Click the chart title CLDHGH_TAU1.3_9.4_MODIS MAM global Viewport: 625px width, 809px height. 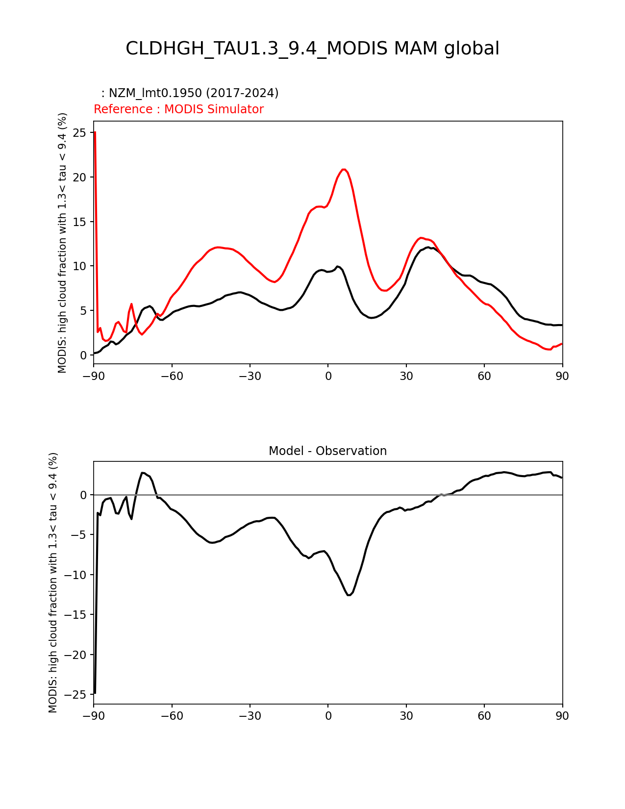pyautogui.click(x=312, y=49)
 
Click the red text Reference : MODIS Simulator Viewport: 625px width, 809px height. pyautogui.click(x=178, y=109)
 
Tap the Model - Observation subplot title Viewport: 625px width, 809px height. pyautogui.click(x=327, y=451)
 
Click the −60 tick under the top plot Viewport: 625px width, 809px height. pyautogui.click(x=172, y=377)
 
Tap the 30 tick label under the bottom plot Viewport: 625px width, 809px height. pyautogui.click(x=406, y=716)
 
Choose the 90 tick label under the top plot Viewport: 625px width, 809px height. pyautogui.click(x=562, y=377)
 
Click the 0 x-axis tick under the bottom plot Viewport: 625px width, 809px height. pyautogui.click(x=328, y=716)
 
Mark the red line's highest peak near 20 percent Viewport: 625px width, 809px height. pyautogui.click(x=344, y=169)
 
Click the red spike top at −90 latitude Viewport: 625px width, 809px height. pyautogui.click(x=95, y=132)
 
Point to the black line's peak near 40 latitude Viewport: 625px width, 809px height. pyautogui.click(x=428, y=248)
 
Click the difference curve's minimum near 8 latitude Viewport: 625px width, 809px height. pyautogui.click(x=349, y=595)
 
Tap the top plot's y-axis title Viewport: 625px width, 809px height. pyautogui.click(x=62, y=243)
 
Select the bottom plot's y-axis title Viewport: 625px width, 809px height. pyautogui.click(x=53, y=582)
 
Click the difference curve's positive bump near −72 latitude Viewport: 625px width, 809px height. pyautogui.click(x=143, y=473)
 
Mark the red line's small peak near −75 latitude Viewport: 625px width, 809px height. pyautogui.click(x=131, y=304)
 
